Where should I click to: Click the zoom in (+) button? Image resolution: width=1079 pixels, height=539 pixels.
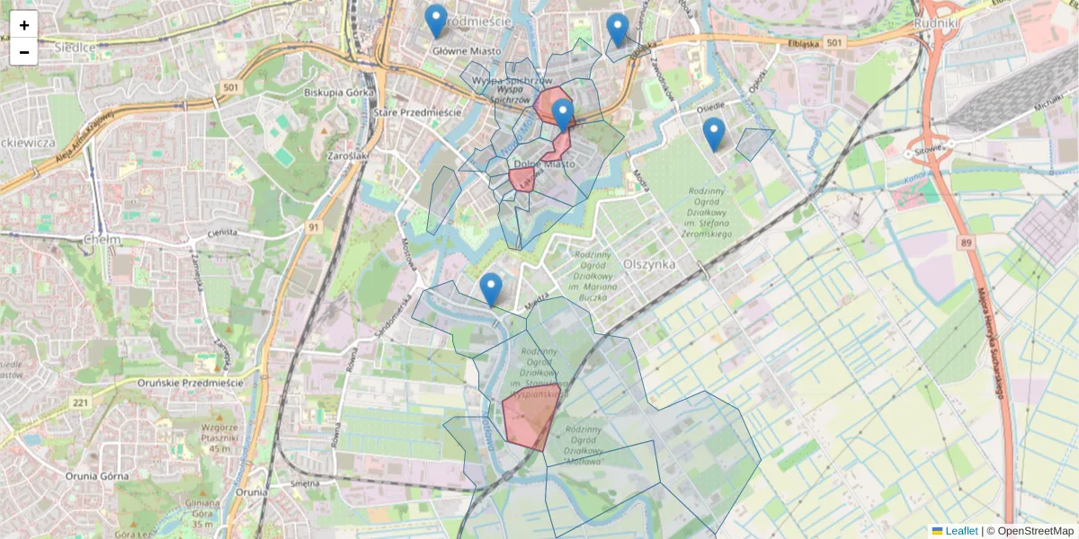tap(24, 25)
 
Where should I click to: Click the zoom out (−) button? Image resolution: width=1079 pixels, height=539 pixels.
tap(24, 52)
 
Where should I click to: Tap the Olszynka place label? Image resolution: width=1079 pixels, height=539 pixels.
tap(649, 264)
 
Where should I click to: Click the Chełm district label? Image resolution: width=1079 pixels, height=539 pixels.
tap(101, 240)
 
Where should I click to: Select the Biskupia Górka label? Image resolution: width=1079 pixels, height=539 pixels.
tap(339, 92)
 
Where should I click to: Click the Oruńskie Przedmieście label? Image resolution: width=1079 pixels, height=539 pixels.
tap(192, 383)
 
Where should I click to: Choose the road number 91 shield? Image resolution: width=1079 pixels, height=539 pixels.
tap(312, 227)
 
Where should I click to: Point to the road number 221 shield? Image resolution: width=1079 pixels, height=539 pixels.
tap(81, 402)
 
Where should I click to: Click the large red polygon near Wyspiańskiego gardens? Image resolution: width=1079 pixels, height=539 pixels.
tap(530, 417)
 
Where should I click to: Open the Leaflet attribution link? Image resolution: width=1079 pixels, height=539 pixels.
tap(961, 531)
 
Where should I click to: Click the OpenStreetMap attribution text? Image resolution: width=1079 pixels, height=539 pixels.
tap(1035, 531)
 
